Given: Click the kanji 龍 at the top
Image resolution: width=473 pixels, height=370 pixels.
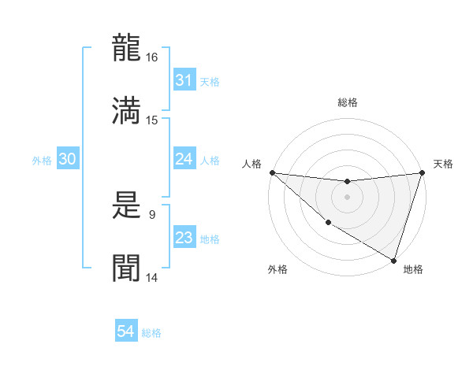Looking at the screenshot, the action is coord(126,49).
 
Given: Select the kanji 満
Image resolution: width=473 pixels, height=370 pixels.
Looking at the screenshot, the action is coord(126,109).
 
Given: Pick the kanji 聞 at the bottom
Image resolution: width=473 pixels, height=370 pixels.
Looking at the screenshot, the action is coord(126,268).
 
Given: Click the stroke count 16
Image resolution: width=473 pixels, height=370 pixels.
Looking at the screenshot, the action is coord(152,57).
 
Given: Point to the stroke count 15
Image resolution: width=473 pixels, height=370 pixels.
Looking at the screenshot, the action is coord(152,120).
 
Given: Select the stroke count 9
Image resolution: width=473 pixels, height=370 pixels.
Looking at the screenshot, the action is coord(152,213).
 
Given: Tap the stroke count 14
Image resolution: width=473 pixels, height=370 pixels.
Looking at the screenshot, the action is coord(152,277).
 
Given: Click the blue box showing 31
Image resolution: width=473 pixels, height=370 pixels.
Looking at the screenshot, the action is coord(184,80).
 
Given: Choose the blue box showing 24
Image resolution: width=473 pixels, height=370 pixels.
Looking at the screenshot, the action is coord(184,159).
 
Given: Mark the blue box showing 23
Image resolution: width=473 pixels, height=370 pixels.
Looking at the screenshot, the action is coord(184,238).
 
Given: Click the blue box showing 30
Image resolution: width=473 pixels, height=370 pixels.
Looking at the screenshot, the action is coord(67,159).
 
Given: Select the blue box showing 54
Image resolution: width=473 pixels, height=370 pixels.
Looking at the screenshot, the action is coord(126,332).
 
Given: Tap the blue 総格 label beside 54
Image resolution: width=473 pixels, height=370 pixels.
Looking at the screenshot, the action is coord(151,333).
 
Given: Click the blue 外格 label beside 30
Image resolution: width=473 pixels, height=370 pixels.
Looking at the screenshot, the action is coord(42,160).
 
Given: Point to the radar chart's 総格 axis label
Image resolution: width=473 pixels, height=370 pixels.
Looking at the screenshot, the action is coord(348,102).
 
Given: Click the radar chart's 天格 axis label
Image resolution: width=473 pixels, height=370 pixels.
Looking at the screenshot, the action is coord(444,164).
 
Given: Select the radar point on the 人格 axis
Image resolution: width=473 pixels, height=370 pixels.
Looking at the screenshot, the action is coord(272,172).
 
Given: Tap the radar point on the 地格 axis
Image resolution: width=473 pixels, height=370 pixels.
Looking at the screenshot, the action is coord(394,261).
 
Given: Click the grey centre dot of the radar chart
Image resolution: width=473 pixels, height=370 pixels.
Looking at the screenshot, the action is coord(347,197).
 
